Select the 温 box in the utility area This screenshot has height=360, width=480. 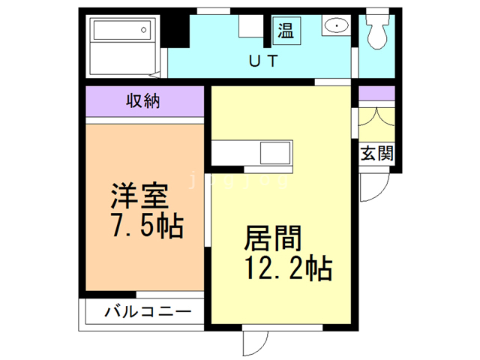[286, 30]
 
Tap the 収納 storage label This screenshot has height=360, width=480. [142, 101]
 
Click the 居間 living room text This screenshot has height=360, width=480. [273, 239]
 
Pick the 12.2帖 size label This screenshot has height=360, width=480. [284, 268]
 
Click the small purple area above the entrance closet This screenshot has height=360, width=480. [376, 94]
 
